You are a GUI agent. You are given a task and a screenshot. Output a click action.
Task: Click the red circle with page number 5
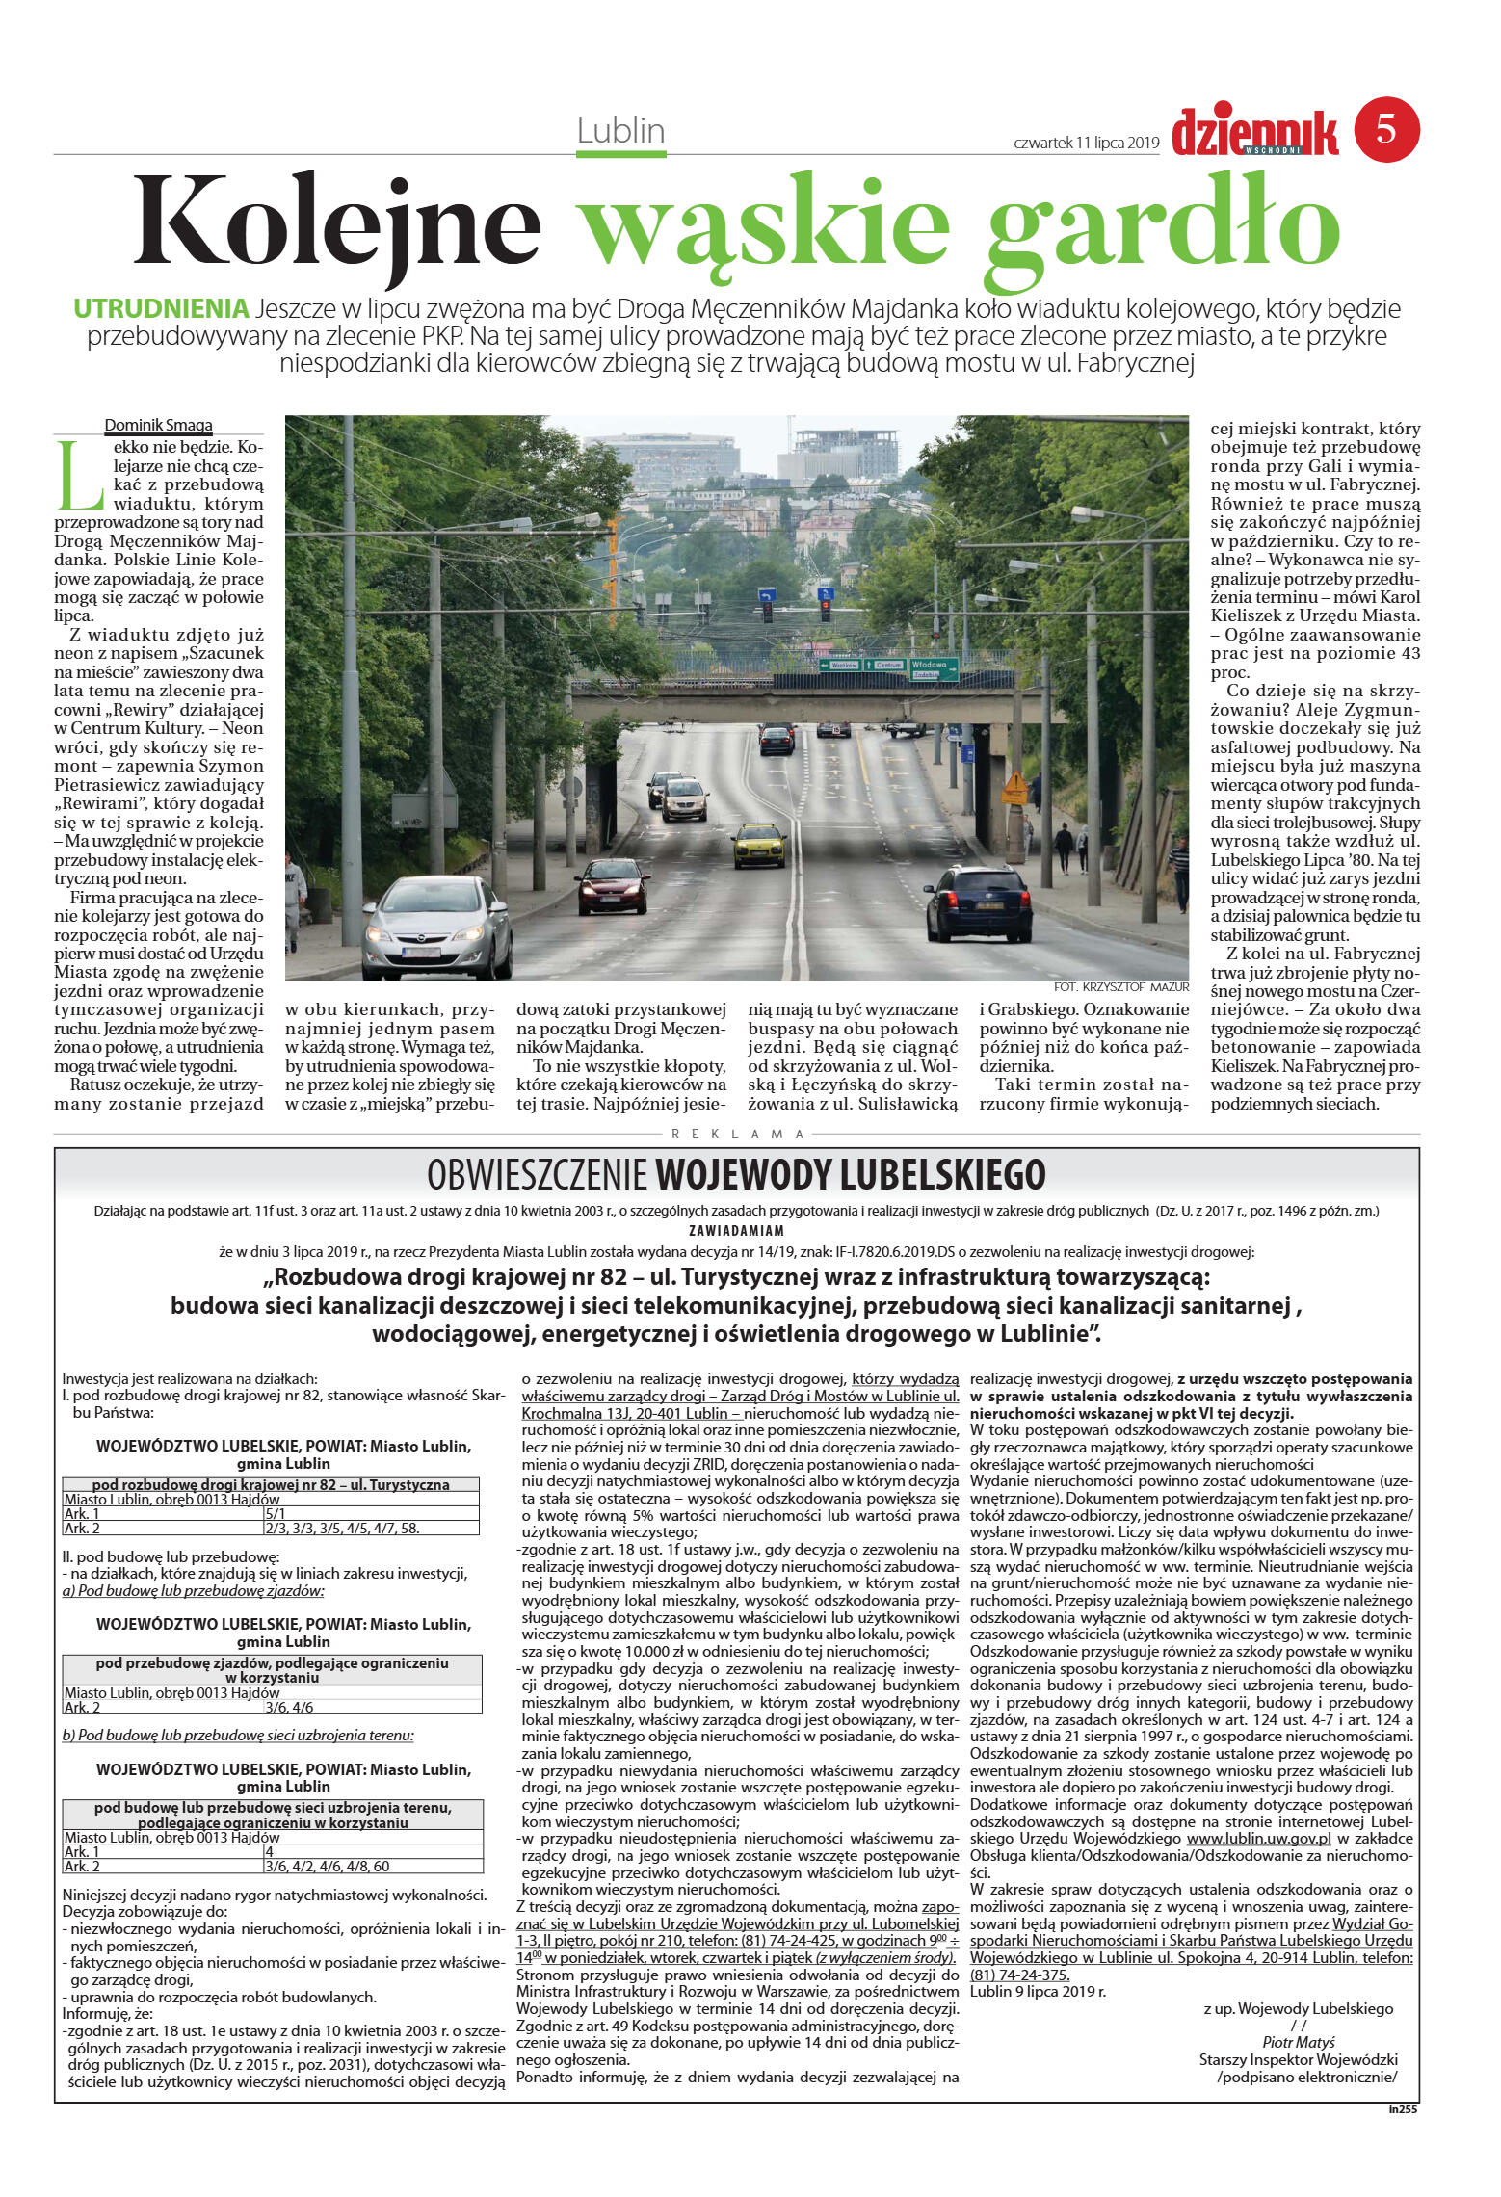coord(1386,128)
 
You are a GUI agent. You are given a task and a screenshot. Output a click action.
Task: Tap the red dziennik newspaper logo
coord(1254,133)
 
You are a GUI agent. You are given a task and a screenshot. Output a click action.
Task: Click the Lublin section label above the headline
coord(621,130)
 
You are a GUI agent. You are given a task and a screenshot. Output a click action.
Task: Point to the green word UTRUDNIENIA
coord(161,309)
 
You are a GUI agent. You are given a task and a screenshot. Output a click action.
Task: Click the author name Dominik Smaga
coord(158,425)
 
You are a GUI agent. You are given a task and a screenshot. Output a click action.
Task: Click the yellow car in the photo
coord(758,845)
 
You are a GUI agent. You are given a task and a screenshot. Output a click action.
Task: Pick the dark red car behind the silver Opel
coord(613,884)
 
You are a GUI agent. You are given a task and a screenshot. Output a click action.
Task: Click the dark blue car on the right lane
coord(977,902)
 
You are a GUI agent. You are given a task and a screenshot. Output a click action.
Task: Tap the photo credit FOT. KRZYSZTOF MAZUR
coord(1121,987)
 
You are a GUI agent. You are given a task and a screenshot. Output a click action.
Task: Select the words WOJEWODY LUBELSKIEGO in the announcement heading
coord(850,1174)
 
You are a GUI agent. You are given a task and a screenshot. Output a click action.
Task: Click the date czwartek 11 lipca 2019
coord(1086,143)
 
